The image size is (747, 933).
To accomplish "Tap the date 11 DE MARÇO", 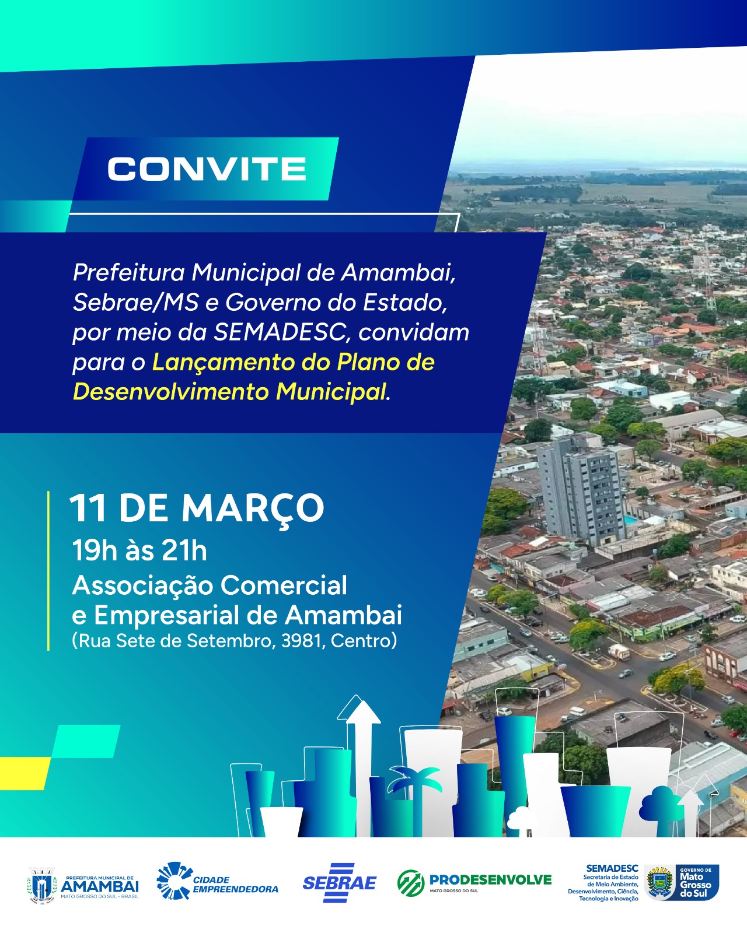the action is [197, 508].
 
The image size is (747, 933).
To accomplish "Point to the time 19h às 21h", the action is [139, 550].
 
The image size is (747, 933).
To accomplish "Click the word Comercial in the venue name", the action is [284, 585].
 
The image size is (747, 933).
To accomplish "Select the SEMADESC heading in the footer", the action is [612, 868].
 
